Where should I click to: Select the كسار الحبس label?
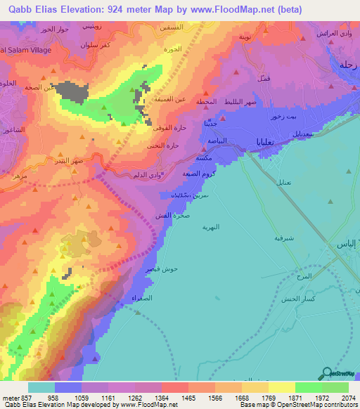coord(310,299)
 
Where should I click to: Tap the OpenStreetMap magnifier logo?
coord(328,373)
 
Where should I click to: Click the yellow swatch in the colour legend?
coord(281,387)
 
